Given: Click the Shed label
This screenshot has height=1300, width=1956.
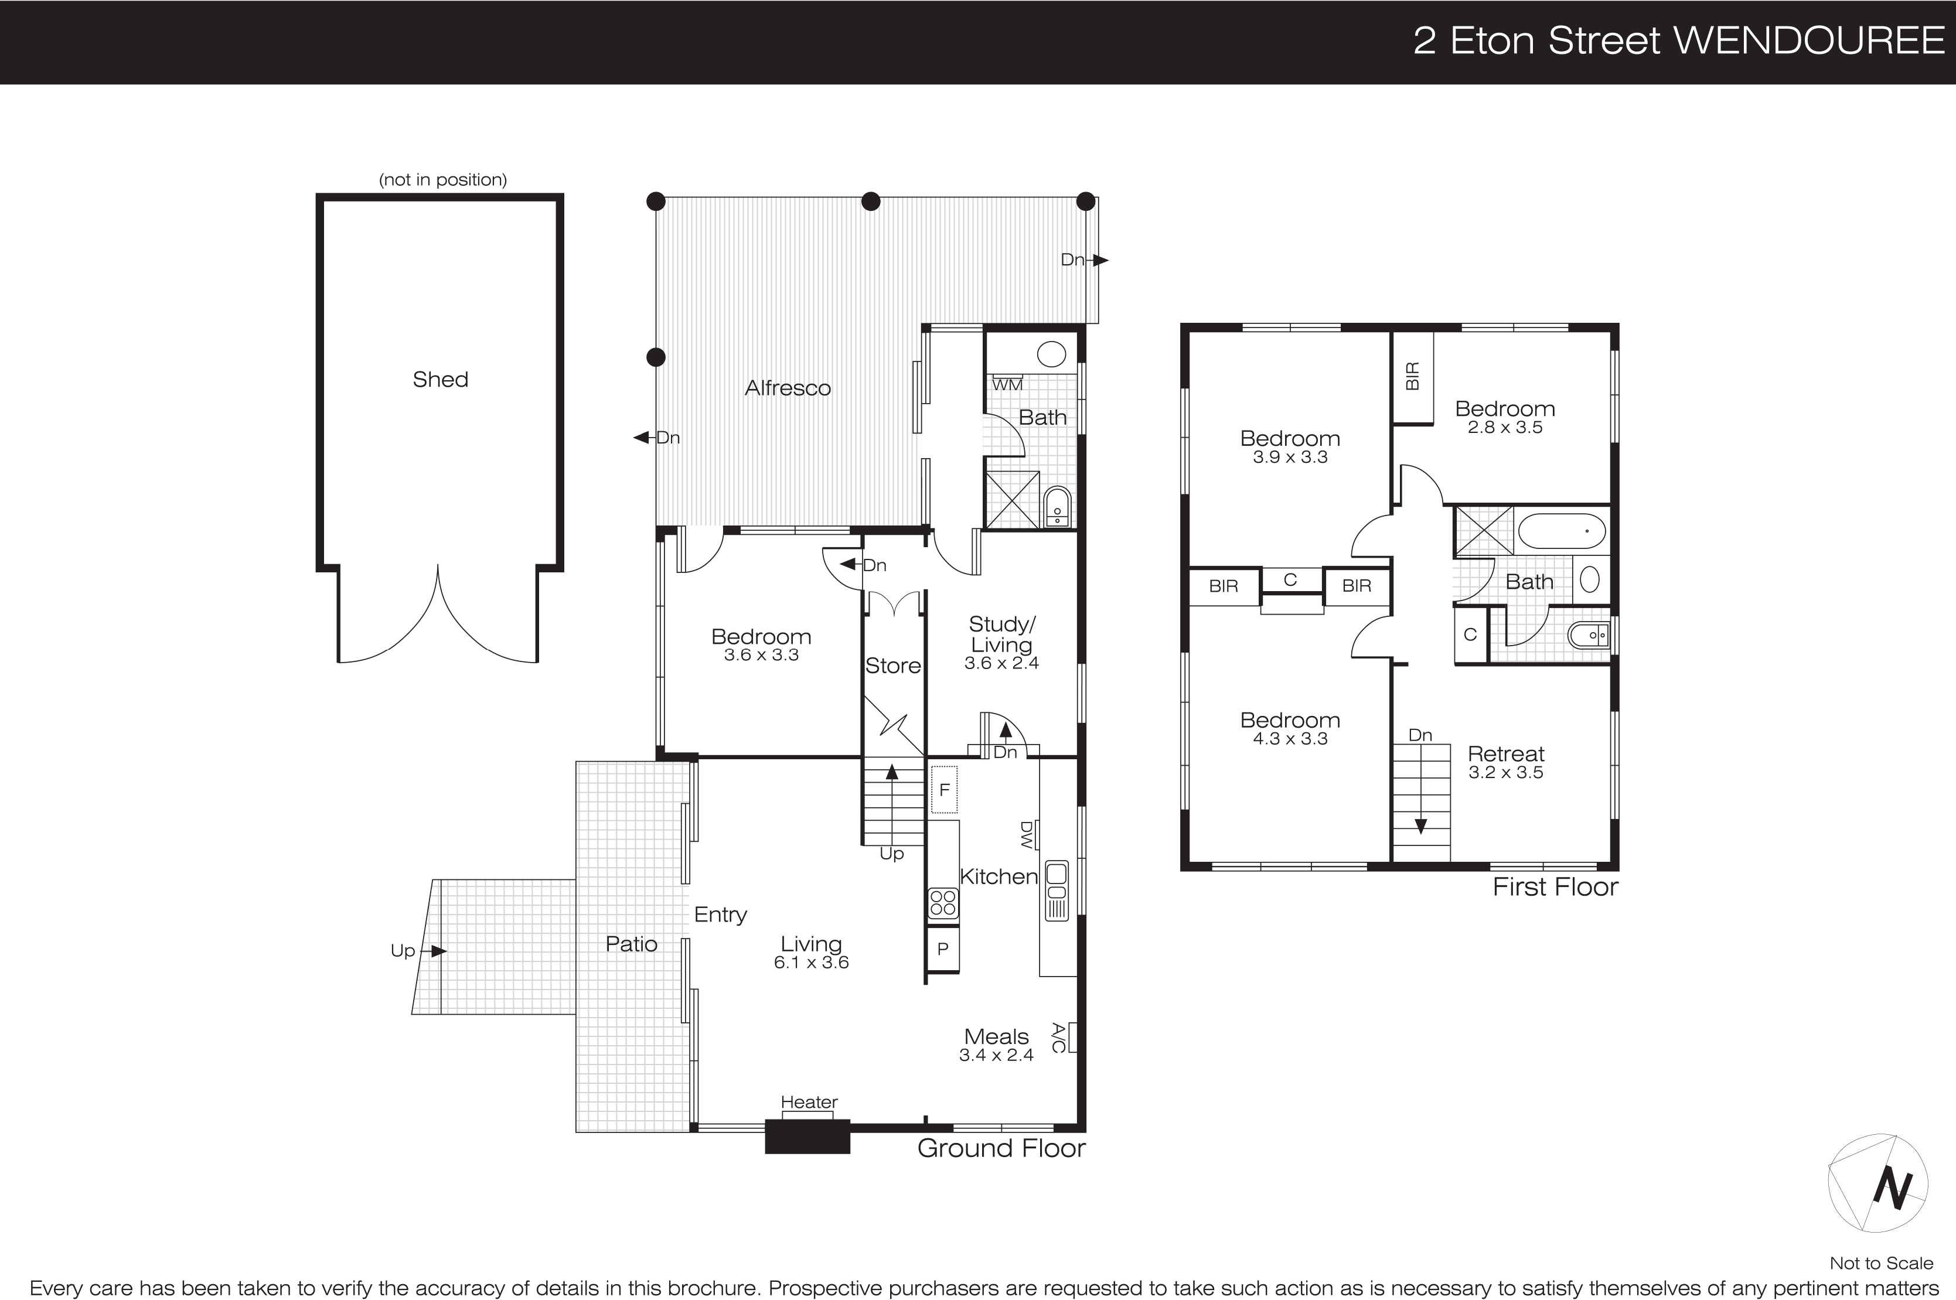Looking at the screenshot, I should click(440, 380).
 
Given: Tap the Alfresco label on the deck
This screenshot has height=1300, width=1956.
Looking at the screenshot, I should click(787, 388).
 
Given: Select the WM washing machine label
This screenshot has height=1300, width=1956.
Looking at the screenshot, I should click(1007, 385).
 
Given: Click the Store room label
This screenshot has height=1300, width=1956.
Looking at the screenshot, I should click(893, 666).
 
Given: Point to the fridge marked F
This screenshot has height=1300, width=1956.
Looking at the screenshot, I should click(943, 790).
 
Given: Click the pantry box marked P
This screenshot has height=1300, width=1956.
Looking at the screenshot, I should click(943, 949).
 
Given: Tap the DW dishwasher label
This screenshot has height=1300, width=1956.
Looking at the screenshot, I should click(1027, 835).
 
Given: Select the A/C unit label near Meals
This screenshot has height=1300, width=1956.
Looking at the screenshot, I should click(1059, 1038).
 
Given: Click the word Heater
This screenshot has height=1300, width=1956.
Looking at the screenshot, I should click(809, 1102).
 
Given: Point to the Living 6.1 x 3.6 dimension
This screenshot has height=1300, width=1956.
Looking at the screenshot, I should click(811, 963).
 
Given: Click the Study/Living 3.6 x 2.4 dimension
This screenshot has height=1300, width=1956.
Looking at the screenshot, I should click(1001, 663).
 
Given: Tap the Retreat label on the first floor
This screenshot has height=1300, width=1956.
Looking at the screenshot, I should click(1506, 753).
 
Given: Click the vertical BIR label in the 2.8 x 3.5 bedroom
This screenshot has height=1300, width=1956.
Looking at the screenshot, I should click(1413, 376).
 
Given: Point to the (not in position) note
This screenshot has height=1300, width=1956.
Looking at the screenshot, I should click(443, 180).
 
